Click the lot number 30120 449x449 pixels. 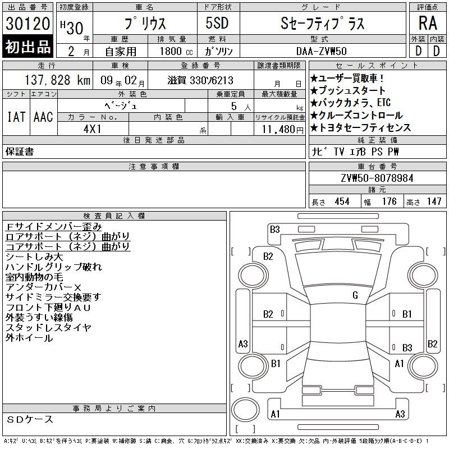(28, 23)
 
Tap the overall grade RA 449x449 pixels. (428, 23)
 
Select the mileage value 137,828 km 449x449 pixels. (57, 80)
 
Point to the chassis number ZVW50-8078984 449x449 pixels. (377, 178)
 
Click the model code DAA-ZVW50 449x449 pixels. (322, 51)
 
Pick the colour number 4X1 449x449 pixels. (92, 129)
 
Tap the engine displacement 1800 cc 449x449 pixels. (176, 51)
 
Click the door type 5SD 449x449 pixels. (217, 23)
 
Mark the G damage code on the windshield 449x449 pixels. (355, 295)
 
